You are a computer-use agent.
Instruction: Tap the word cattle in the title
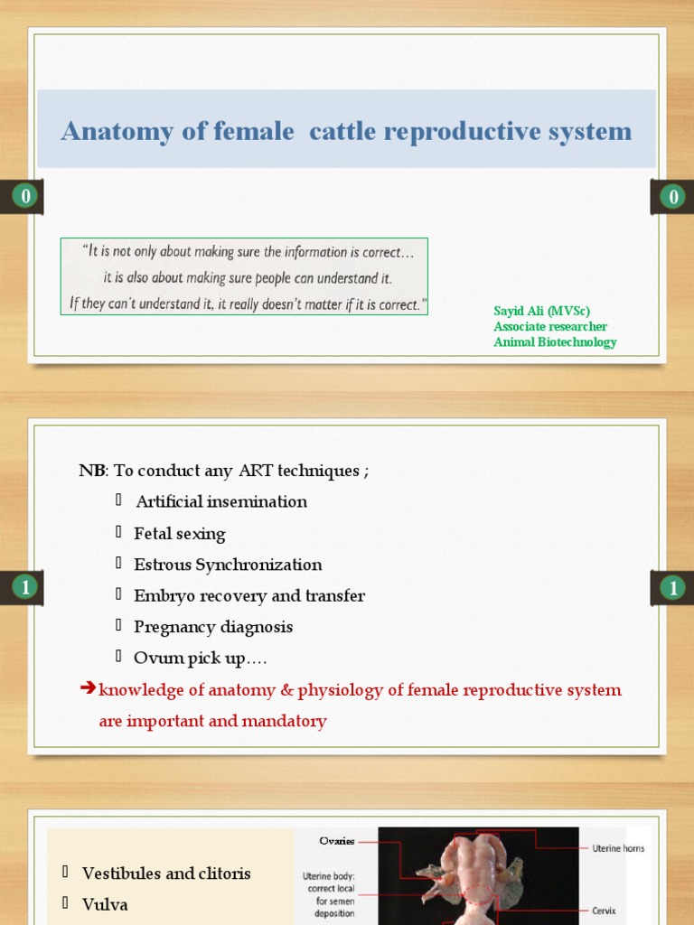342,132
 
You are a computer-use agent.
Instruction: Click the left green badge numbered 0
25,196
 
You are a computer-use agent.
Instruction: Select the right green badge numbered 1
672,588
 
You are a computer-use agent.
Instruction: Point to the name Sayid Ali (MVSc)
541,311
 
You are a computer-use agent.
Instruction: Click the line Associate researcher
549,326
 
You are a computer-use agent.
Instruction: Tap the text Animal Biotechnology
555,342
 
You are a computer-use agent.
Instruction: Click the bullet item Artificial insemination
221,501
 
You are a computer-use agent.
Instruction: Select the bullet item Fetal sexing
180,533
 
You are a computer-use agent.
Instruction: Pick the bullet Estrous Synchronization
228,565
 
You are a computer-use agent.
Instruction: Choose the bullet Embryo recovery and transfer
249,595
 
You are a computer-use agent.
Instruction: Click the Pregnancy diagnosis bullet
213,627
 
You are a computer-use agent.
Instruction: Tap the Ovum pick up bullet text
200,659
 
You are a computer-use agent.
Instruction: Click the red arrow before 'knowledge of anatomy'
88,689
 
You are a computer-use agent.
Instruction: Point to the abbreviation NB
91,471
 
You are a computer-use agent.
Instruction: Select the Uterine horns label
618,848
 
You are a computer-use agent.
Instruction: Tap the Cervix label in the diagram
604,911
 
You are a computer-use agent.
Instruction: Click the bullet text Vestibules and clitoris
166,874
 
